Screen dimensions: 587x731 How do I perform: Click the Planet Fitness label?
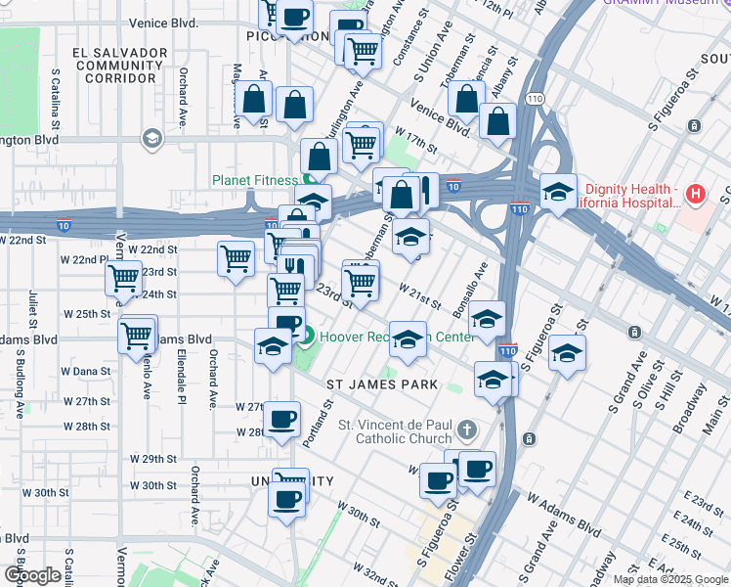(255, 180)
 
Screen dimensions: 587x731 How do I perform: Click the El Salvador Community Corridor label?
(117, 64)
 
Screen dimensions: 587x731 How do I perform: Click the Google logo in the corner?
(32, 575)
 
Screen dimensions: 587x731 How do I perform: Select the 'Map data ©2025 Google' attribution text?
(670, 579)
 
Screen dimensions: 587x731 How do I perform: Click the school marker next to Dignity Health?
(557, 192)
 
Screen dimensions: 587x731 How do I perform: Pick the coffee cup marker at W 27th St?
(282, 419)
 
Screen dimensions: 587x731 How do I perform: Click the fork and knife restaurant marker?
(297, 265)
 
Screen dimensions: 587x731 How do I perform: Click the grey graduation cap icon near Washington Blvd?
(151, 139)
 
